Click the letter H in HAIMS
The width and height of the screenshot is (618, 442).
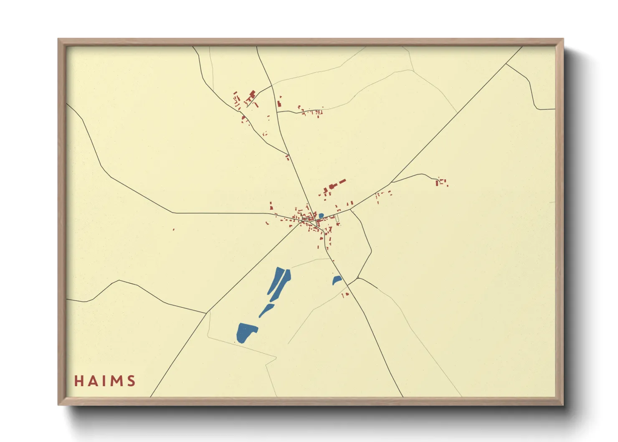79,381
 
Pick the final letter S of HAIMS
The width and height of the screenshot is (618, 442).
132,381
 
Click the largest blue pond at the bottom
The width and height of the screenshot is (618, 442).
246,332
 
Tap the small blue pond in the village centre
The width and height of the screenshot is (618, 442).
321,216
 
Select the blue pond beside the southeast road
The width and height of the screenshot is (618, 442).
337,280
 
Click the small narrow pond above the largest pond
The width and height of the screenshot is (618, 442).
266,310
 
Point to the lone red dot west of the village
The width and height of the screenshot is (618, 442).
173,229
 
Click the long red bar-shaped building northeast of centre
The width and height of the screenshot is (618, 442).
342,182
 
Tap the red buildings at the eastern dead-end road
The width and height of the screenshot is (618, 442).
440,182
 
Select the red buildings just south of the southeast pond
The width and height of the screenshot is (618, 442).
345,295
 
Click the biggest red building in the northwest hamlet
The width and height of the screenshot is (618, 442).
252,95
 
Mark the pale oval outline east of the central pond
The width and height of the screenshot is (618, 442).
337,218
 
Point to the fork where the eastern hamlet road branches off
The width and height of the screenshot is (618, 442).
391,183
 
